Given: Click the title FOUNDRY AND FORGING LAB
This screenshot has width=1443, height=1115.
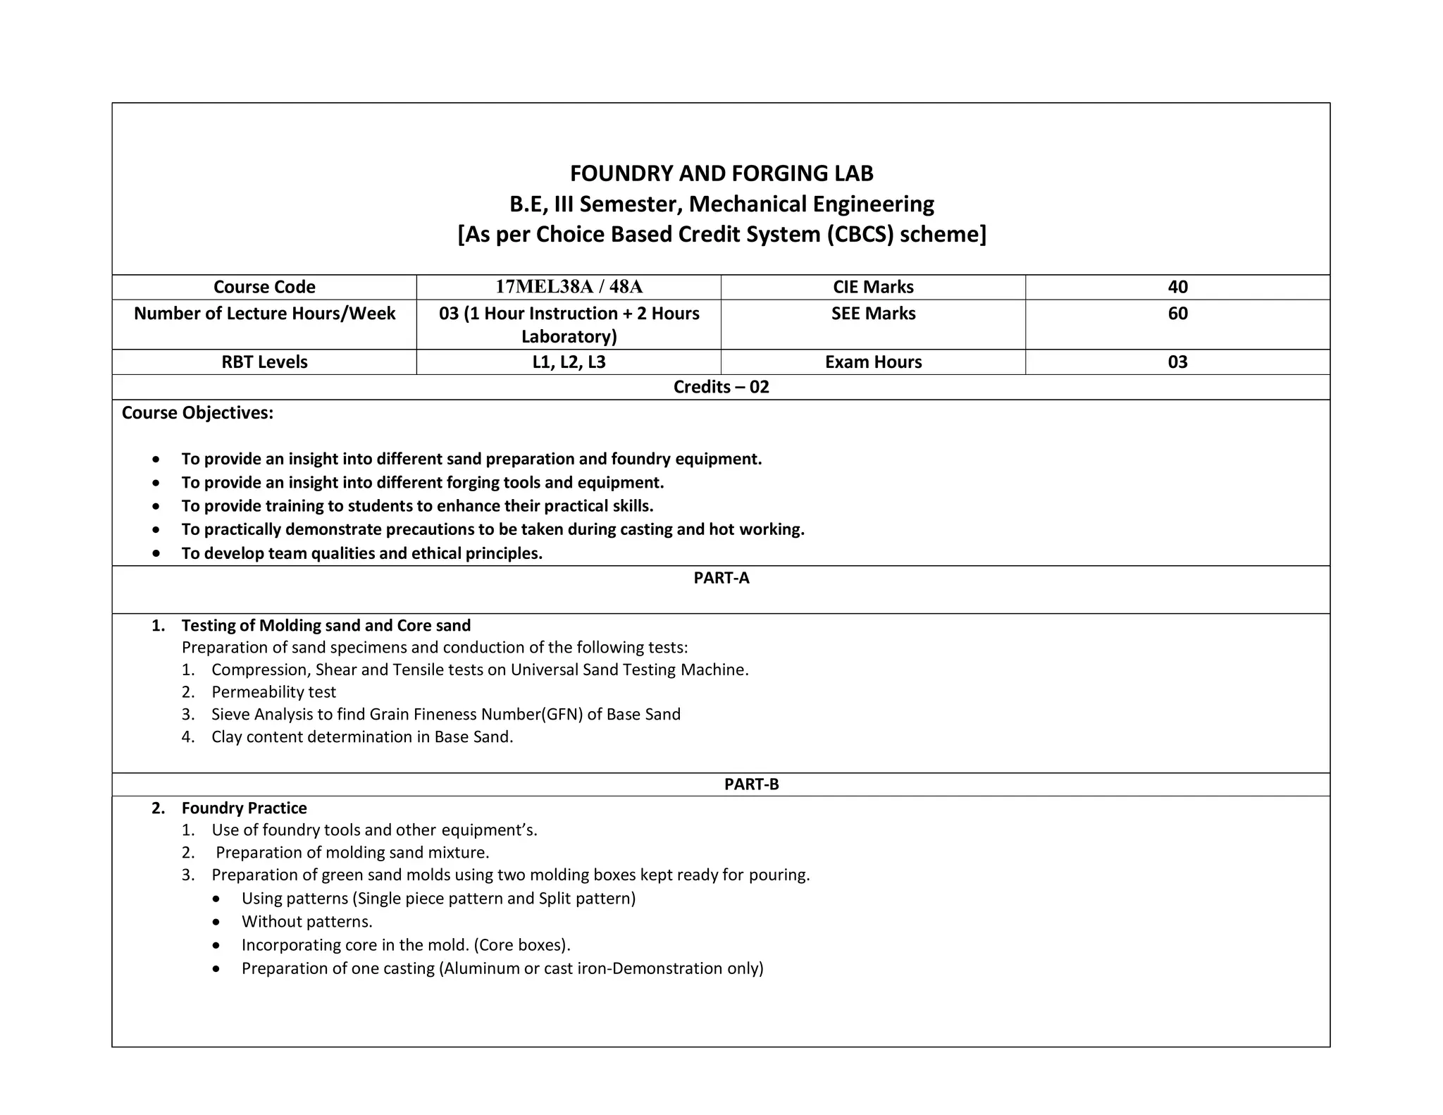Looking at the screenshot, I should (x=721, y=173).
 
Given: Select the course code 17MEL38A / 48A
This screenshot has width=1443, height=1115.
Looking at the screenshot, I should (x=569, y=287).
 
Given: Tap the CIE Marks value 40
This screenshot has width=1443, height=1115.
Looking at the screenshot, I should (x=1177, y=287).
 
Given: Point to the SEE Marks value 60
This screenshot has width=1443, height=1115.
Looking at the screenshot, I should (x=1177, y=314).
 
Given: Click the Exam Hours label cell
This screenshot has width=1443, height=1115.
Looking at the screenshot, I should (x=872, y=362).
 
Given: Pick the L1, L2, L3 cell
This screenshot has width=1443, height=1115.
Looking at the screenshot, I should (x=569, y=362).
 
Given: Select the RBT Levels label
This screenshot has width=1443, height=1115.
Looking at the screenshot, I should (x=264, y=362).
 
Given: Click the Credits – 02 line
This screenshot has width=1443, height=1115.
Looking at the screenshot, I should (x=721, y=387).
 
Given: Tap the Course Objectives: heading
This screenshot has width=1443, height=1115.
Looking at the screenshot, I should (x=197, y=413).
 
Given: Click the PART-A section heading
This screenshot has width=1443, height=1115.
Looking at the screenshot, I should (x=721, y=578).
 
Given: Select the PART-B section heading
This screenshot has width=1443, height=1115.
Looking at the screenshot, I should (x=751, y=784).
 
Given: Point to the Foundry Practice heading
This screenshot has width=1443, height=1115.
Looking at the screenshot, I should (x=244, y=808).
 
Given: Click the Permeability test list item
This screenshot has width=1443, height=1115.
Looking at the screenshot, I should (x=273, y=692).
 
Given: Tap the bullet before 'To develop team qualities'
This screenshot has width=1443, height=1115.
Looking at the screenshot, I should (x=156, y=554).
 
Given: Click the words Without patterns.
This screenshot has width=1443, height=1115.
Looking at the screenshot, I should (x=306, y=922).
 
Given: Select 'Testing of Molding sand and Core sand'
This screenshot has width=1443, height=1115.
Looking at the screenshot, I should (x=326, y=626).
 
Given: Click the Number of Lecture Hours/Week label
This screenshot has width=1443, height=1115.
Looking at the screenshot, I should (x=264, y=314).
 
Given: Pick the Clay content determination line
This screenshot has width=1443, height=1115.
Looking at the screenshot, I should (x=362, y=737).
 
